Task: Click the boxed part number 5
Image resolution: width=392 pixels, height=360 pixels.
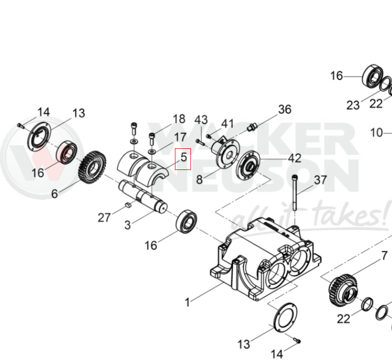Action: (183, 159)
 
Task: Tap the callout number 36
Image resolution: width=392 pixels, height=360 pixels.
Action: (284, 109)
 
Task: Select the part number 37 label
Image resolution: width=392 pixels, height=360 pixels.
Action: (320, 179)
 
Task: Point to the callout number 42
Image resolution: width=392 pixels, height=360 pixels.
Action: (294, 158)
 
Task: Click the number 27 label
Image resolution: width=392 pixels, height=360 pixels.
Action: (104, 217)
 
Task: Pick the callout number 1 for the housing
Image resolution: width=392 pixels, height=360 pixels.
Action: (188, 302)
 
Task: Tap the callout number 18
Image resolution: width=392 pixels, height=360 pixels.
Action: (179, 119)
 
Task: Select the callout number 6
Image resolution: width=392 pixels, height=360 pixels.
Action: (54, 194)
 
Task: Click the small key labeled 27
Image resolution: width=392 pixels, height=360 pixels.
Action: (127, 205)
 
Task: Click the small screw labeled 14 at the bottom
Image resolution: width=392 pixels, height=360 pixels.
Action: (297, 341)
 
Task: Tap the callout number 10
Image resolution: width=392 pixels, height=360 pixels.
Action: (376, 133)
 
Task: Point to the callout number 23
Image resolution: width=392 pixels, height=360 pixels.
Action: (353, 105)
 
